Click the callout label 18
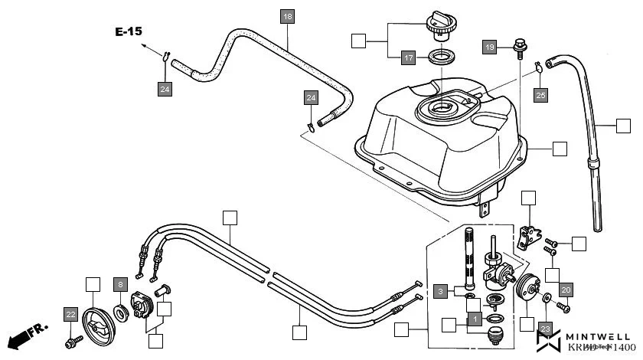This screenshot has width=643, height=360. click(287, 16)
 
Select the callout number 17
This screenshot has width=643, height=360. click(410, 57)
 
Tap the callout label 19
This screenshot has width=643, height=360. click(491, 47)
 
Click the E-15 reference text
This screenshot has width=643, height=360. click(129, 32)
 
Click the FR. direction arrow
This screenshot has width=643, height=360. click(27, 334)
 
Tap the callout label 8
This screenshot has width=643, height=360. click(120, 284)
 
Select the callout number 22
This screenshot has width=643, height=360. click(70, 314)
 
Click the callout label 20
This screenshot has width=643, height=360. click(566, 290)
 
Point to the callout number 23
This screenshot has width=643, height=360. click(544, 329)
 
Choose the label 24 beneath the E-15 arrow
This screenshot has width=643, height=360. click(165, 90)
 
